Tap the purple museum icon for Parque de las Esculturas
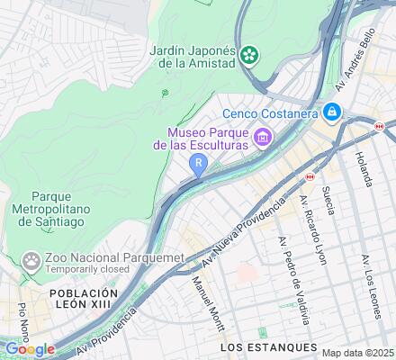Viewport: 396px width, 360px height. pyautogui.click(x=263, y=137)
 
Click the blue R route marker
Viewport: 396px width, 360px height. pyautogui.click(x=198, y=163)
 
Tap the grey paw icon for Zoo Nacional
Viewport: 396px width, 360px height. pyautogui.click(x=33, y=261)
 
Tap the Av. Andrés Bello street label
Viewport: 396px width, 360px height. pyautogui.click(x=354, y=67)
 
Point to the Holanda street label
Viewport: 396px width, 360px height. pyautogui.click(x=363, y=166)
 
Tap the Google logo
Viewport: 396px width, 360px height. pyautogui.click(x=29, y=349)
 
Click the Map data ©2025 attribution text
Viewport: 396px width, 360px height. pyautogui.click(x=358, y=353)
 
